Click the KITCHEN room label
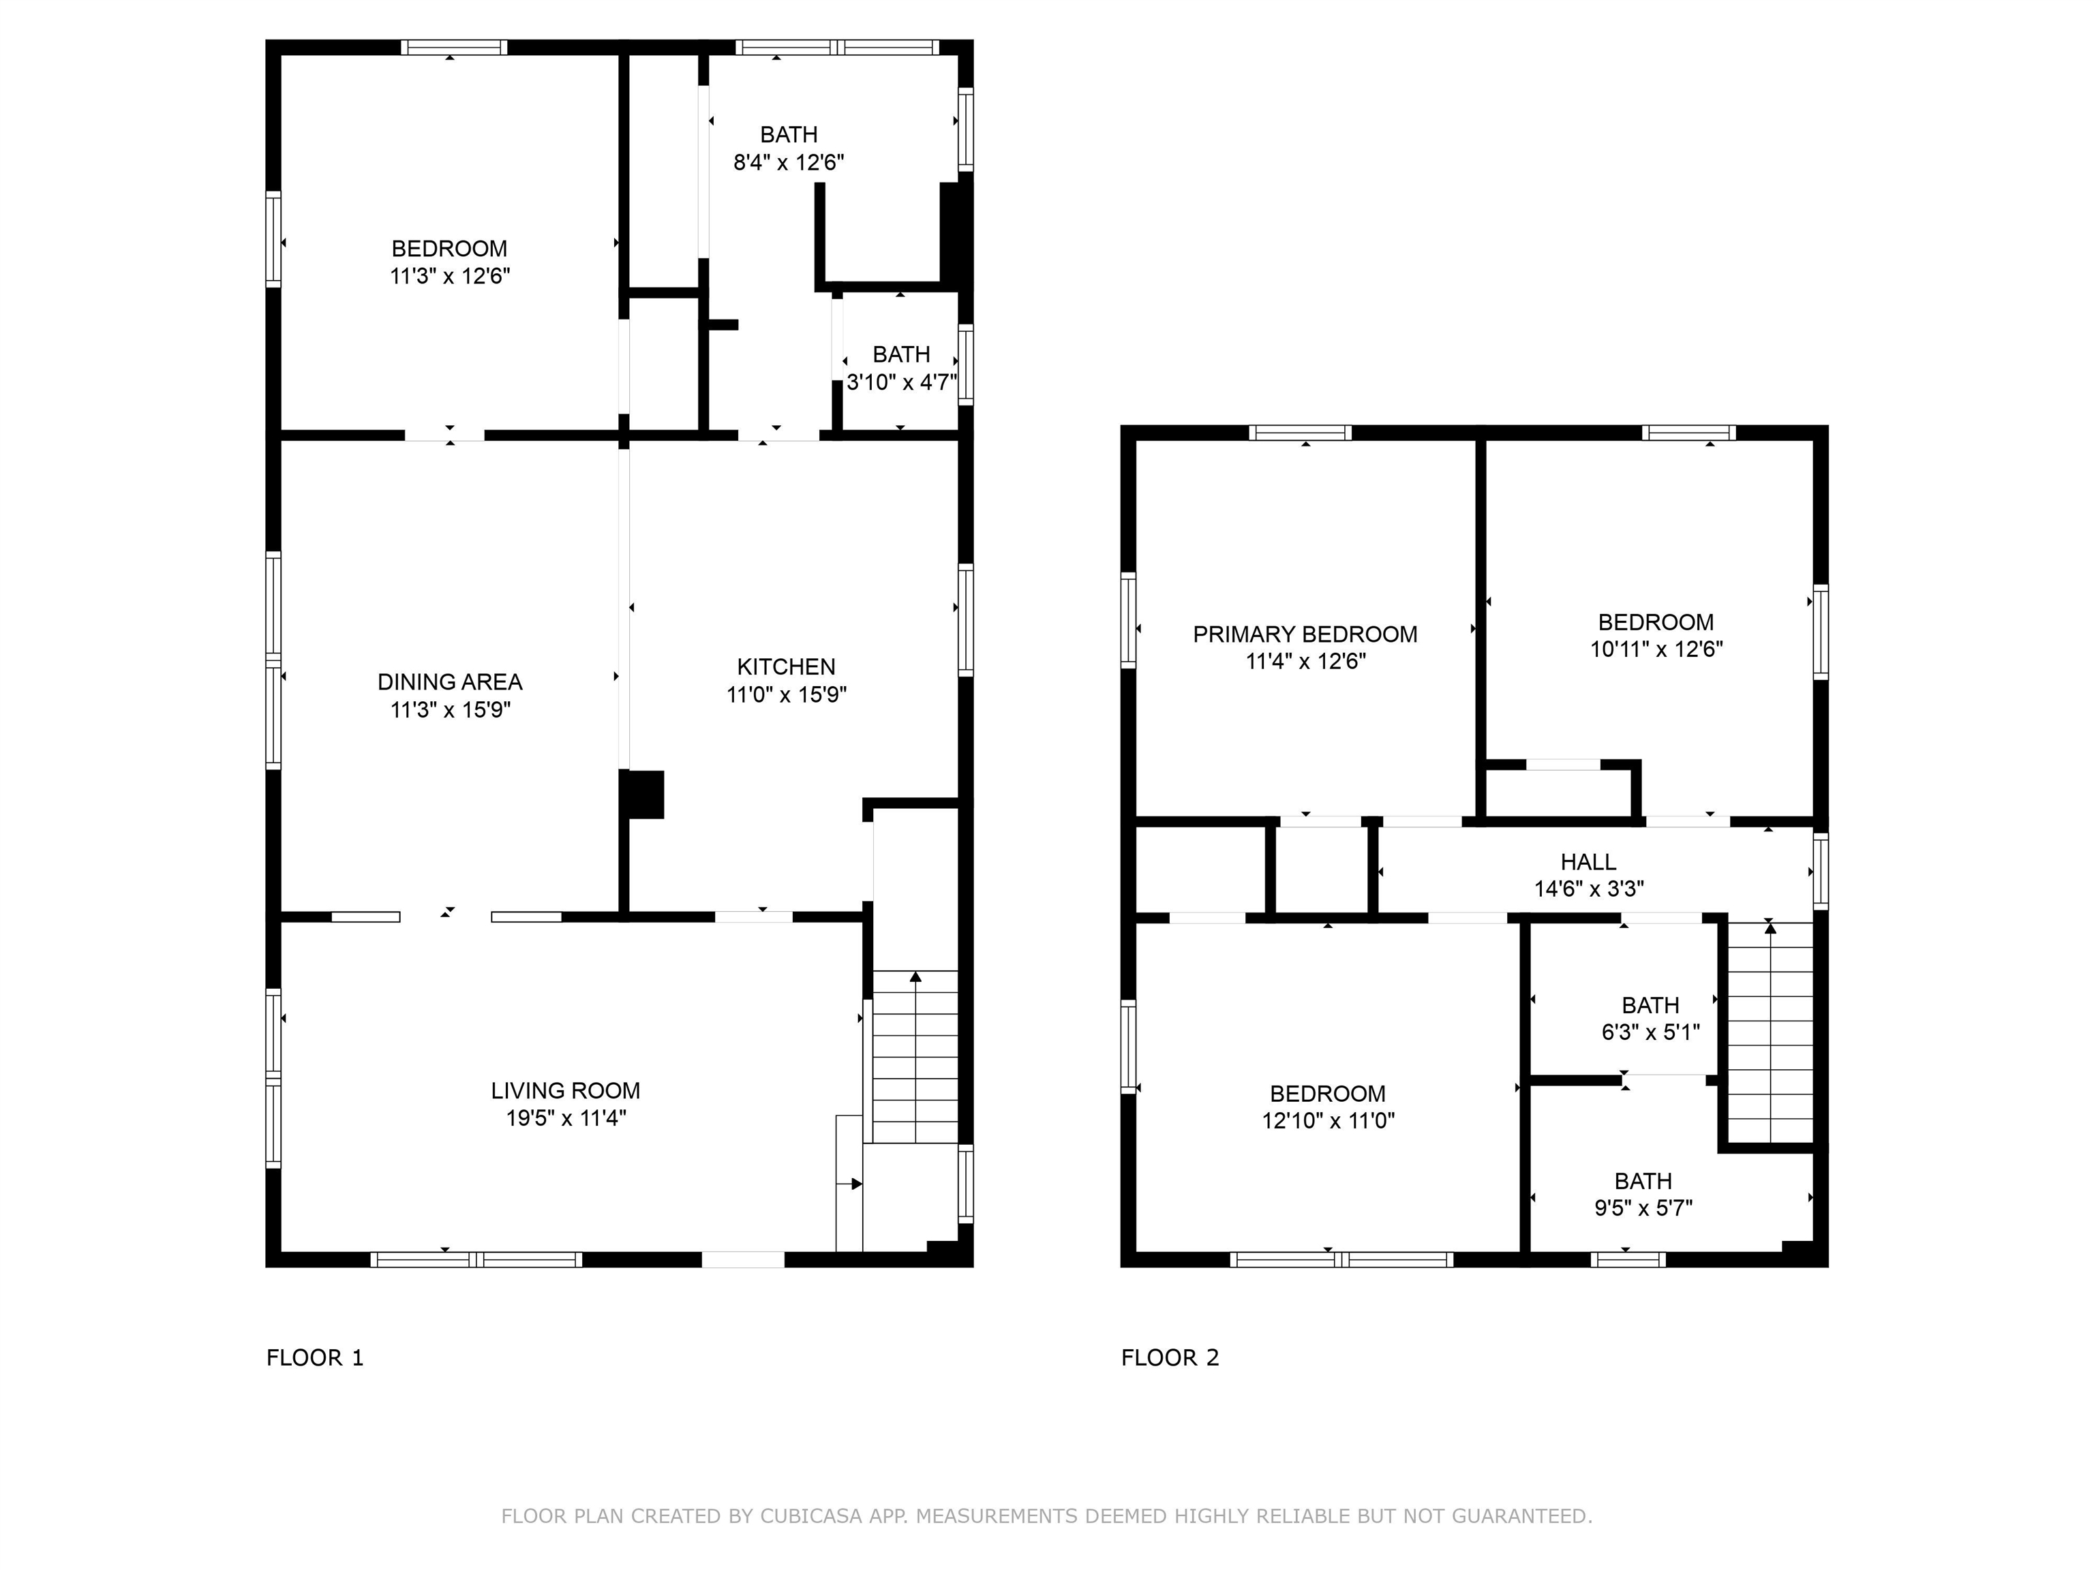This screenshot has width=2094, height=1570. tap(786, 666)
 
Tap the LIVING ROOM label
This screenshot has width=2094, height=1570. tap(565, 1090)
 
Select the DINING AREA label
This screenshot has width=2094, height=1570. tap(450, 681)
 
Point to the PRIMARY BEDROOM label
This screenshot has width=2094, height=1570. tap(1305, 634)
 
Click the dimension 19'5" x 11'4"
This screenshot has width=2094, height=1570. tap(565, 1118)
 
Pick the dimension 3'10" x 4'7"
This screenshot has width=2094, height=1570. tap(901, 382)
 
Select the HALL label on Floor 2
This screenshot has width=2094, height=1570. tap(1588, 861)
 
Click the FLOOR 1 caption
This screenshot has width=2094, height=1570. tap(314, 1358)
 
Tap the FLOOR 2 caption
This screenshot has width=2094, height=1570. tap(1170, 1358)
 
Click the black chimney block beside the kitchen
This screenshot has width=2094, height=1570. tap(643, 794)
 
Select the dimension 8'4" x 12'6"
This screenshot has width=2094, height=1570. tap(789, 161)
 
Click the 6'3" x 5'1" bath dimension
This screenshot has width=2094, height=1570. tap(1650, 1032)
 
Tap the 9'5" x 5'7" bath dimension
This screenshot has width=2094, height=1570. tap(1643, 1207)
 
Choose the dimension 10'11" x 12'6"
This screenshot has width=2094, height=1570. tap(1656, 649)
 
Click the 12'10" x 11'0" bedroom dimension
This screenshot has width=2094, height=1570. tap(1327, 1120)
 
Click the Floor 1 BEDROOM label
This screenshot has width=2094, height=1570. tap(450, 248)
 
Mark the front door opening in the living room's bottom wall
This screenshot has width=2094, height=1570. tap(743, 1259)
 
